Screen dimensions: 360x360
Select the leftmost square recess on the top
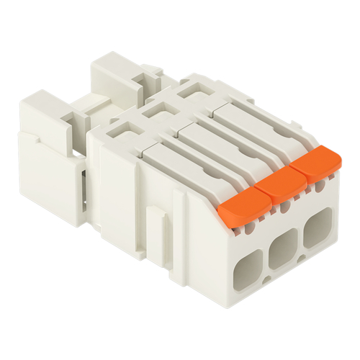point(121,130)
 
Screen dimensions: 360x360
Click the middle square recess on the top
point(157,110)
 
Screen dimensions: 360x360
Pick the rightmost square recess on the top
point(192,91)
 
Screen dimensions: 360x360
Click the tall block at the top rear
point(115,79)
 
